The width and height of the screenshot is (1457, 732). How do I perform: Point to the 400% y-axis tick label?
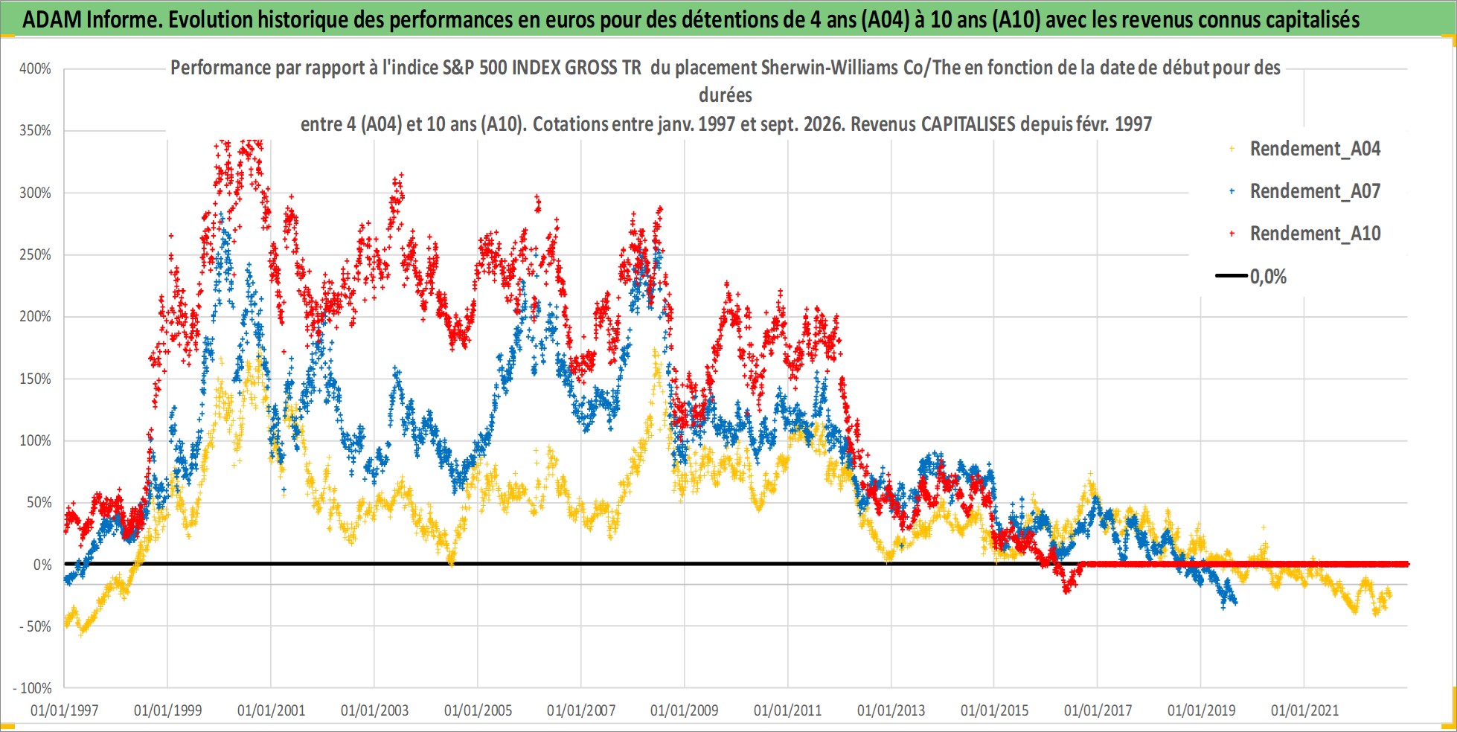coord(35,69)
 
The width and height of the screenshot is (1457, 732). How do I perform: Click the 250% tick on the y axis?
coord(35,255)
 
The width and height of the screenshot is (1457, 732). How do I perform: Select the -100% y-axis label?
coord(33,688)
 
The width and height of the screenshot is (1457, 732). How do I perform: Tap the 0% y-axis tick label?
coord(42,565)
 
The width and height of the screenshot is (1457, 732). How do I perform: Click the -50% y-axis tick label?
coord(36,626)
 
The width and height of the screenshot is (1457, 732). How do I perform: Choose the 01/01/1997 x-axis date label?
coord(65,710)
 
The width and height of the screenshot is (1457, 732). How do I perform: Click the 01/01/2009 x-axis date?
coord(685,710)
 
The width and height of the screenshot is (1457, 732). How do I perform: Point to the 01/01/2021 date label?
coord(1304,710)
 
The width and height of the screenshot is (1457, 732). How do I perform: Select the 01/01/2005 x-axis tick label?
coord(478,710)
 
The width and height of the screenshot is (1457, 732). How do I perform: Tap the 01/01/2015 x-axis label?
coord(994,710)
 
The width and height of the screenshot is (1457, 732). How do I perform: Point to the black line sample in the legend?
coord(1232,276)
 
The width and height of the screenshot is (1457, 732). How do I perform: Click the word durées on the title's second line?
coord(726,95)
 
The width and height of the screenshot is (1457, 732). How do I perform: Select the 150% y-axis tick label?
coord(35,379)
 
